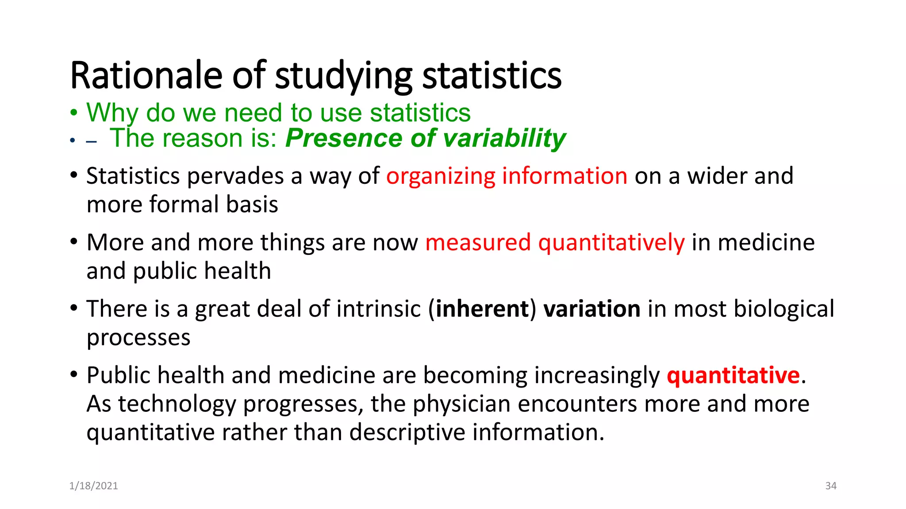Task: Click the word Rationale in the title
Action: coord(146,76)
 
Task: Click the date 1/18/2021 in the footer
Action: coord(94,486)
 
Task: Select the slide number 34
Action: coord(831,486)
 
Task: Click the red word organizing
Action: coord(441,176)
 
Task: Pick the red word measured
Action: coord(478,243)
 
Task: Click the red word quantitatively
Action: coord(611,243)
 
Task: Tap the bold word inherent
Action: coord(482,309)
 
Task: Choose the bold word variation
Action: coord(591,309)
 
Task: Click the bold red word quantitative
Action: coord(733,375)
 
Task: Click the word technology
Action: coord(177,404)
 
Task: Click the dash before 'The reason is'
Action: coord(92,142)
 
